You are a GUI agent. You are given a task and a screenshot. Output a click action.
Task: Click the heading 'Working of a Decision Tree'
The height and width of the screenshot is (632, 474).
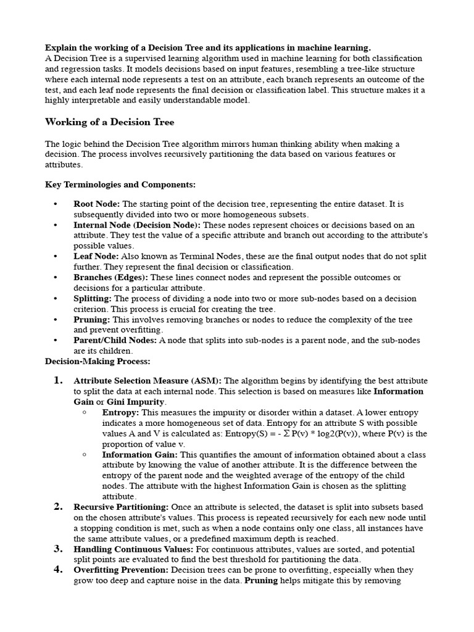[110, 122]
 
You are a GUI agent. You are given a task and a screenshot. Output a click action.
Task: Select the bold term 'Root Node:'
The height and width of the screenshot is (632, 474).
[97, 204]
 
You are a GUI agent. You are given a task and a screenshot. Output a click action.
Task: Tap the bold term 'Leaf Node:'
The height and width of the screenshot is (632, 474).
[96, 256]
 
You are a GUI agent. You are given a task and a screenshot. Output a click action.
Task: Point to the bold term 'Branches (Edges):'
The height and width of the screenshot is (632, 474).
[110, 278]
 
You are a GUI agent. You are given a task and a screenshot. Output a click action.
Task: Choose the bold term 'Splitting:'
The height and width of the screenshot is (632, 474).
[93, 299]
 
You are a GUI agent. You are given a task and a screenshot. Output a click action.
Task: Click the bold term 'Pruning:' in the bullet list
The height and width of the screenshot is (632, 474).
[91, 320]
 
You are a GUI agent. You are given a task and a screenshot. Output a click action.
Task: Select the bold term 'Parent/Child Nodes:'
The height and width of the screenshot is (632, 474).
[115, 340]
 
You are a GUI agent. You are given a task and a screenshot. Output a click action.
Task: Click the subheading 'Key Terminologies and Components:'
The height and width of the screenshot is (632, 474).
[120, 185]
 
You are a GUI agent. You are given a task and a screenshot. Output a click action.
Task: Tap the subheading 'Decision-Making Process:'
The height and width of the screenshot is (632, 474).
[98, 361]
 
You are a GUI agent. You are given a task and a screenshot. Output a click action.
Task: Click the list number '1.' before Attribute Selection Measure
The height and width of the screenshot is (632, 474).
[58, 381]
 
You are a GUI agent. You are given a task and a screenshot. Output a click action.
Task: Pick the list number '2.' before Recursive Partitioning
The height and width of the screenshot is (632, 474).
[58, 507]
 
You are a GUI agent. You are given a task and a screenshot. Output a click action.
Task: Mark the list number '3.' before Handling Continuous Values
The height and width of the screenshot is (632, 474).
[58, 549]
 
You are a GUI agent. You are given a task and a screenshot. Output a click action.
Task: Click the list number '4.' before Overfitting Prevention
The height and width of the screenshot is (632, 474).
[58, 570]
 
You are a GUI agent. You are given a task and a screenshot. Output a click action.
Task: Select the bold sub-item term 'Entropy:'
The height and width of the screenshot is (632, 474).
[120, 412]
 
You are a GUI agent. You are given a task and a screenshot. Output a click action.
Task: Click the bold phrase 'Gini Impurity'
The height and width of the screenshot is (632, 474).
[135, 402]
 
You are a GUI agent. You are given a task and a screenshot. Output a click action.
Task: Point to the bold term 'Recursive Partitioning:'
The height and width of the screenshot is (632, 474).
[120, 507]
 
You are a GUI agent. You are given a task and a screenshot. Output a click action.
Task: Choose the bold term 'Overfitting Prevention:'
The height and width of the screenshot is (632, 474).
[121, 570]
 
